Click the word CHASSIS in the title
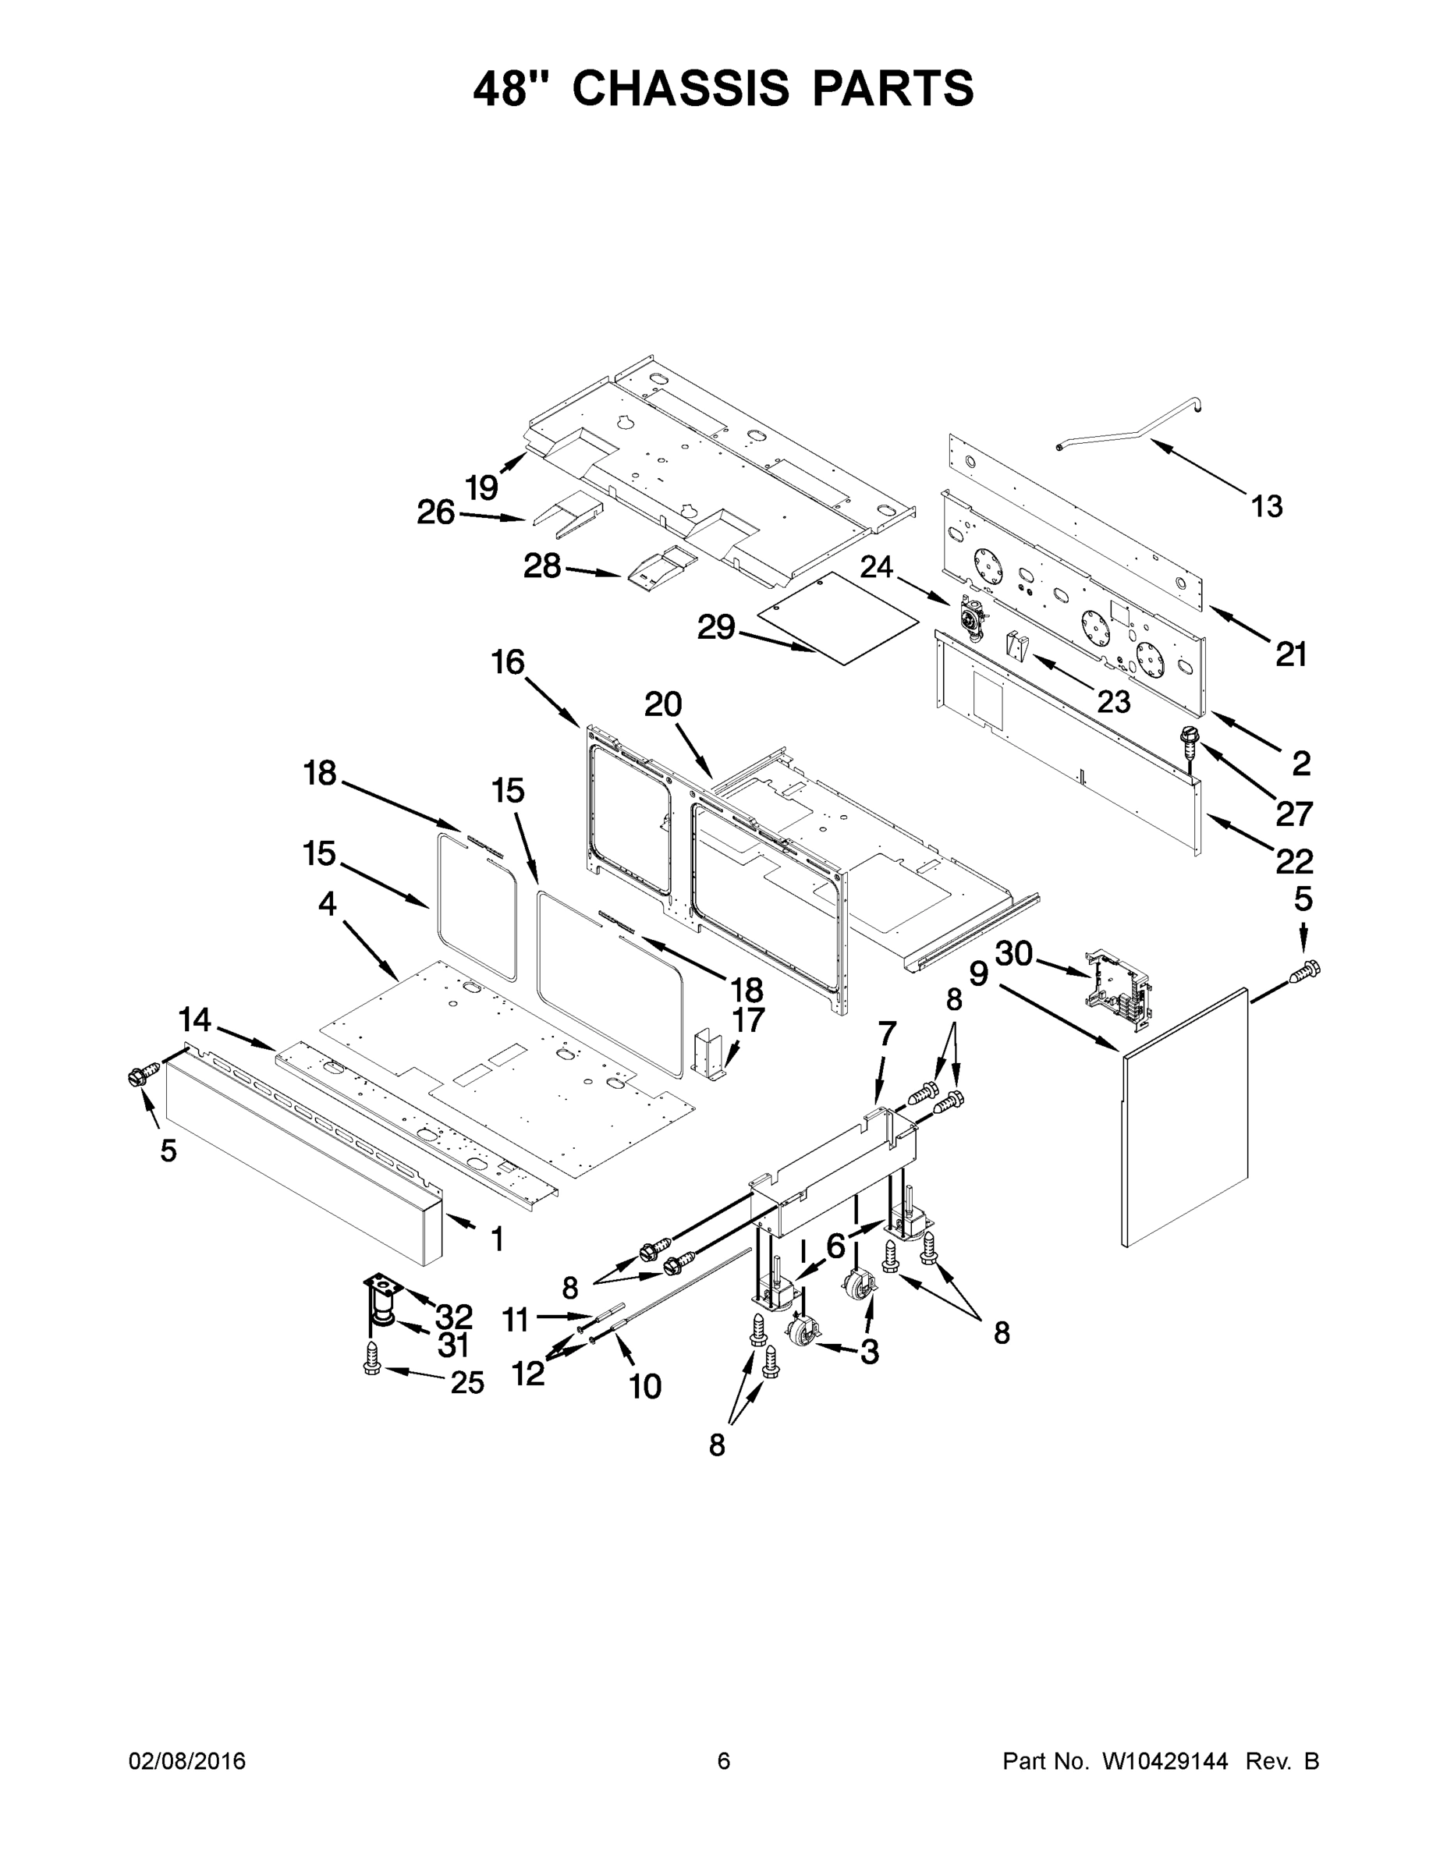679,88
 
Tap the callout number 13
1266,506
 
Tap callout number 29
716,627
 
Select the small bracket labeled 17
708,1051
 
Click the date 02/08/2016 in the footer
187,1761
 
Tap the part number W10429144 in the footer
1164,1761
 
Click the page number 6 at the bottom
724,1761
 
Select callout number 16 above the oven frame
508,661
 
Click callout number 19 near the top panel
482,487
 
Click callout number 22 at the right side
1293,860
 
